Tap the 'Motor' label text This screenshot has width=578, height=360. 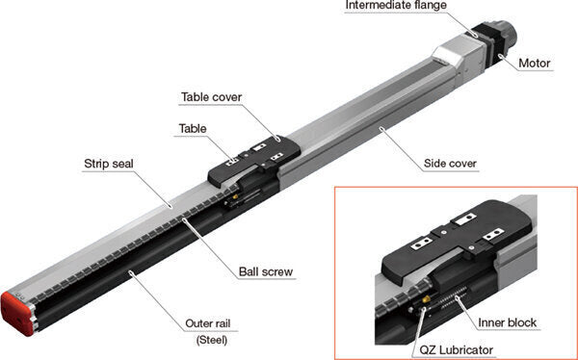[535, 65]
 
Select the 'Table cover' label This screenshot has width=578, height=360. [211, 97]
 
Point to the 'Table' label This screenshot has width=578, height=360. [192, 128]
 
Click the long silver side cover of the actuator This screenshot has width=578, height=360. [366, 120]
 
